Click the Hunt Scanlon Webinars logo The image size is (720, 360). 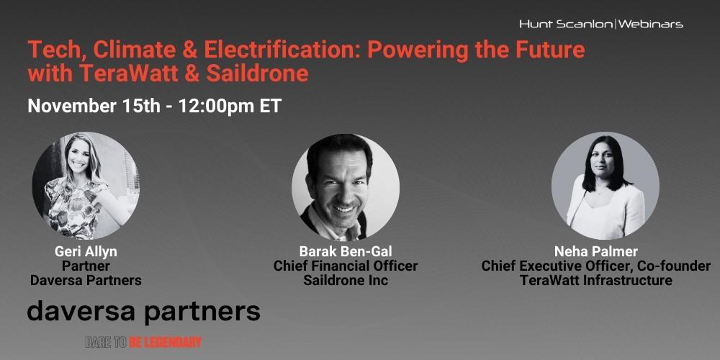(x=601, y=24)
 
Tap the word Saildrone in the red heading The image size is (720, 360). (x=257, y=74)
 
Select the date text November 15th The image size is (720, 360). (x=94, y=106)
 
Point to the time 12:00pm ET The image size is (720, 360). (x=230, y=106)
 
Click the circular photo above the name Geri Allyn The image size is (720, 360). (x=86, y=186)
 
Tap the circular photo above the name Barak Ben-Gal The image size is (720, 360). (x=346, y=186)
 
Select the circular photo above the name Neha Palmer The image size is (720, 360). (x=606, y=186)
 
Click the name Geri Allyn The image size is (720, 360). (x=86, y=251)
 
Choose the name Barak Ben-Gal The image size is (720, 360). (x=346, y=251)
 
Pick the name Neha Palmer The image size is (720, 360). (x=595, y=251)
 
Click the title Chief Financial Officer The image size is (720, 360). (x=346, y=266)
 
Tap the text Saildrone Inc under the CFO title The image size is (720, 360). (x=346, y=280)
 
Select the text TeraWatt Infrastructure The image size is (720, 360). (x=595, y=280)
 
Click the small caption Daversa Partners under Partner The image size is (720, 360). (x=86, y=280)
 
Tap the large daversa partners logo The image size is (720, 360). (x=144, y=312)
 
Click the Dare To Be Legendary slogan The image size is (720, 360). (x=143, y=342)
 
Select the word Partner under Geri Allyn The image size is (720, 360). (x=86, y=266)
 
